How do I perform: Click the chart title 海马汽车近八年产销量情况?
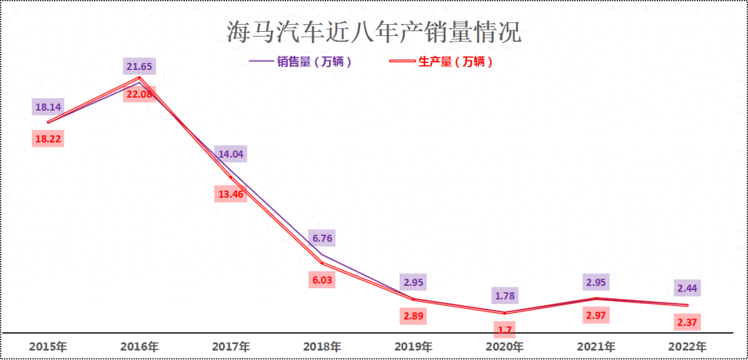(x=374, y=32)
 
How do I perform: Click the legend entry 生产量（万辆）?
(x=455, y=62)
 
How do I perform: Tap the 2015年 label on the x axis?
(x=48, y=346)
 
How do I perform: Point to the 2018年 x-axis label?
(x=322, y=346)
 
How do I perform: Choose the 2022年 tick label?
(x=688, y=346)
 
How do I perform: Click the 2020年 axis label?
(x=505, y=346)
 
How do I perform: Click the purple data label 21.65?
(x=139, y=66)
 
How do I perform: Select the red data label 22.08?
(x=139, y=94)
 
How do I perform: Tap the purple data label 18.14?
(x=48, y=107)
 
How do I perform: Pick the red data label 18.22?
(x=48, y=138)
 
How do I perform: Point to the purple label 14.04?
(x=231, y=154)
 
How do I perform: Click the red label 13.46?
(x=231, y=194)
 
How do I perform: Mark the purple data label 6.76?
(x=322, y=239)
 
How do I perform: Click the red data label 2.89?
(x=413, y=316)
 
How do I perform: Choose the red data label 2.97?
(x=596, y=316)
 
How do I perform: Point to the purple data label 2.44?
(x=688, y=287)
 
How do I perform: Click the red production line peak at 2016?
(x=139, y=78)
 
